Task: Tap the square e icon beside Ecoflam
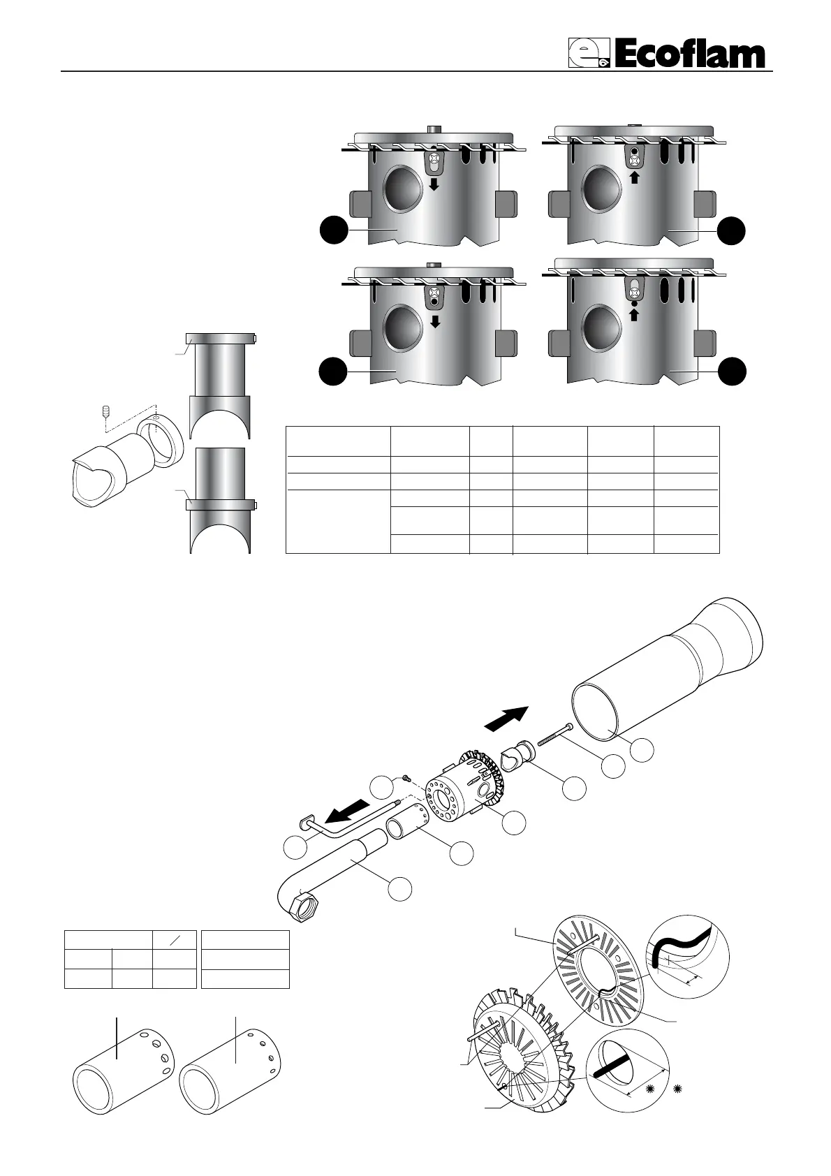589,53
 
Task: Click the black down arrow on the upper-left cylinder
434,184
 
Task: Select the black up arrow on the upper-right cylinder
634,177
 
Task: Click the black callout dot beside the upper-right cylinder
733,230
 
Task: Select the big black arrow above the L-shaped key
351,811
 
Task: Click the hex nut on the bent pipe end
307,906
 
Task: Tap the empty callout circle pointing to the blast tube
642,750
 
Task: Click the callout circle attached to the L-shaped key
295,847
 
